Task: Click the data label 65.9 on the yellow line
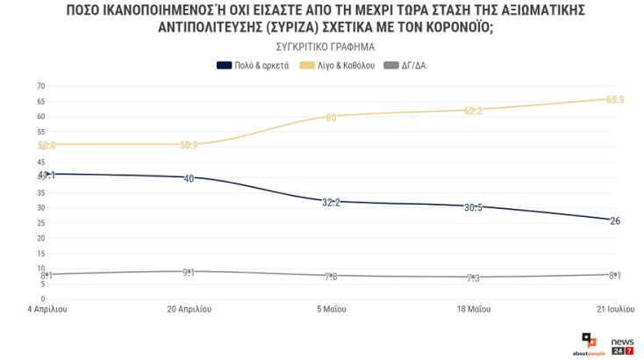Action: pyautogui.click(x=615, y=99)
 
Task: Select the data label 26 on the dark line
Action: pyautogui.click(x=615, y=220)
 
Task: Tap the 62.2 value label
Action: pyautogui.click(x=473, y=111)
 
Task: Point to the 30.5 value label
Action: pyautogui.click(x=473, y=207)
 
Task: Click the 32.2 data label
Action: pyautogui.click(x=331, y=202)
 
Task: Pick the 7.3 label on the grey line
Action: pyautogui.click(x=473, y=277)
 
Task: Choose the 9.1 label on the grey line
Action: pyautogui.click(x=189, y=272)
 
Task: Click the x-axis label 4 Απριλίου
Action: pyautogui.click(x=47, y=309)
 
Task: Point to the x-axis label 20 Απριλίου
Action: pyautogui.click(x=189, y=309)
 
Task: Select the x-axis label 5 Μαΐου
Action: pyautogui.click(x=331, y=309)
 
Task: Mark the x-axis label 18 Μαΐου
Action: pyautogui.click(x=473, y=309)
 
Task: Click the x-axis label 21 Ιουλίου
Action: pyautogui.click(x=613, y=309)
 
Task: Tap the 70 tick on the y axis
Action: pyautogui.click(x=40, y=86)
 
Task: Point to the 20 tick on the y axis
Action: pyautogui.click(x=40, y=238)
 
